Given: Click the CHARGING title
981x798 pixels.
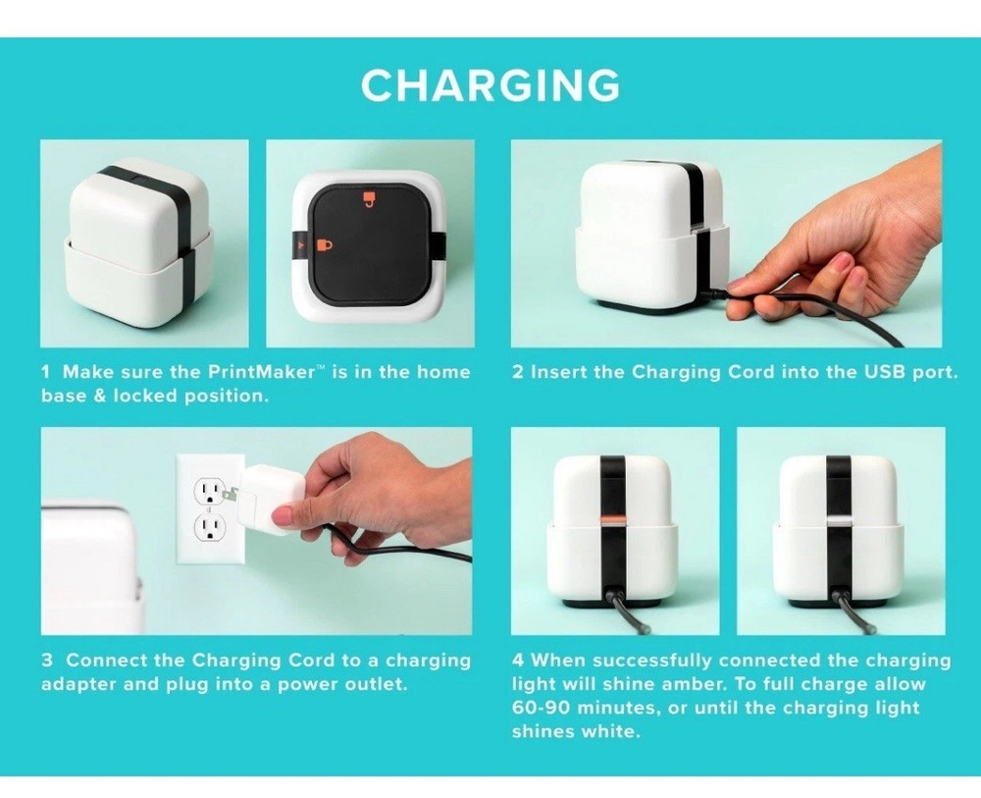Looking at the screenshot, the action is [x=490, y=85].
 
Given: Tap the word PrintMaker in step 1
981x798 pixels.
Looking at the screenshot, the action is [x=261, y=372].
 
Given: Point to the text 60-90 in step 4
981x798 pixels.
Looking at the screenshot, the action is [x=541, y=708].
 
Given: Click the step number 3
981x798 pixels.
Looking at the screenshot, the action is [x=47, y=661].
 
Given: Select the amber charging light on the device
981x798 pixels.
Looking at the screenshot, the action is [x=612, y=521].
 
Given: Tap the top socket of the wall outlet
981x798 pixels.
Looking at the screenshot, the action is [x=210, y=493].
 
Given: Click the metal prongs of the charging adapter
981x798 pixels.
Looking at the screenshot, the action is [x=232, y=494].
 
